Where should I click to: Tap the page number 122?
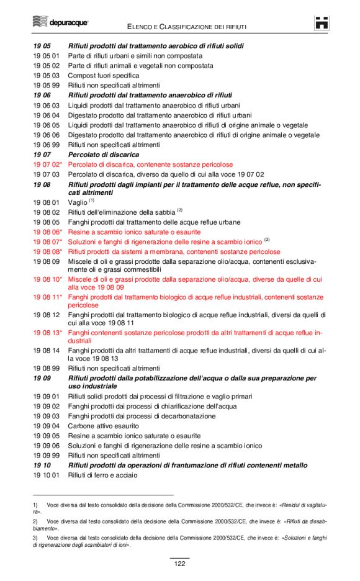click(179, 563)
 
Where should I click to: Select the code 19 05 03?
click(46, 75)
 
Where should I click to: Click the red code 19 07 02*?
click(48, 164)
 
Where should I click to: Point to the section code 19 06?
click(42, 95)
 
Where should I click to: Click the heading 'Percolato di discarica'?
click(104, 155)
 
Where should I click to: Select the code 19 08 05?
click(46, 222)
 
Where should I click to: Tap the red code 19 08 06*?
click(48, 232)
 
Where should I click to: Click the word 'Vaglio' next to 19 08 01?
click(78, 202)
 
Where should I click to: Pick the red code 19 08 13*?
click(48, 333)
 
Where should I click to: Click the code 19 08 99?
click(46, 368)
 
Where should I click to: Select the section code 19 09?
click(42, 378)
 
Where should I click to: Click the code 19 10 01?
click(46, 475)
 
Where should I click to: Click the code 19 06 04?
click(46, 115)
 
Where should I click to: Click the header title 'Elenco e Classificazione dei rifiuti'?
click(187, 27)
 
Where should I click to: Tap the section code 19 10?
click(42, 466)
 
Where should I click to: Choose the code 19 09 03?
click(46, 416)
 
